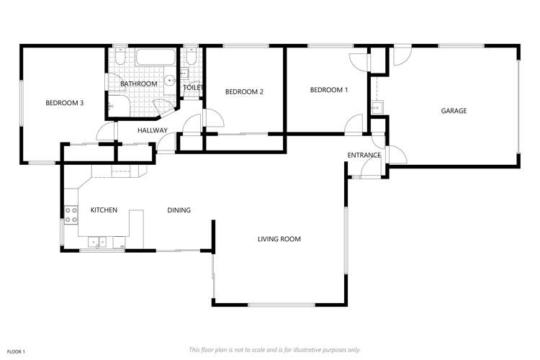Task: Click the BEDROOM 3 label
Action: [x=64, y=103]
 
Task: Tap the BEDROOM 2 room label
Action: [x=244, y=91]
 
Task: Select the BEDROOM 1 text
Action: [x=329, y=90]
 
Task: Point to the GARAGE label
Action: [x=454, y=111]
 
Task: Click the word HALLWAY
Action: [x=153, y=130]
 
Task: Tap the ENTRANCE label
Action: [x=364, y=156]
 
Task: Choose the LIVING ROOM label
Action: [x=279, y=239]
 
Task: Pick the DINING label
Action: [x=179, y=210]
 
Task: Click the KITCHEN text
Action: [x=104, y=210]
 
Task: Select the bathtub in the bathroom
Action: [x=156, y=57]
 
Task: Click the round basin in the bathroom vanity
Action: [x=169, y=81]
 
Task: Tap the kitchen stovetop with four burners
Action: [x=71, y=215]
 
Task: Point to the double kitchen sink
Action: [x=97, y=242]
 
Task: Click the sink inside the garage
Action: [x=377, y=107]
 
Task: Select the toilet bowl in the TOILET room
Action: [x=190, y=57]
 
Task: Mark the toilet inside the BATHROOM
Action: [x=120, y=57]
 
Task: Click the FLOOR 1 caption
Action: [x=16, y=352]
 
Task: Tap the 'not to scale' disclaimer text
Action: [x=275, y=350]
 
